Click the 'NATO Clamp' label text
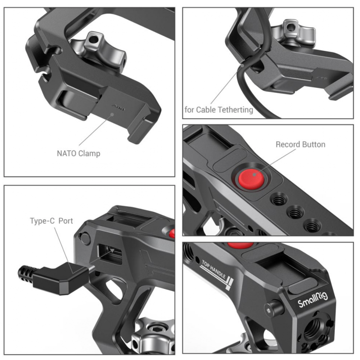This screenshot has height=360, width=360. (78, 153)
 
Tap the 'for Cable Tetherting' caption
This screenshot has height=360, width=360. (219, 110)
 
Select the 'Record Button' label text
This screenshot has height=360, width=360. (300, 144)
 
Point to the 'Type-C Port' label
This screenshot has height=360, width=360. (51, 221)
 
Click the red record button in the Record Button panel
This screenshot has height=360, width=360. (251, 179)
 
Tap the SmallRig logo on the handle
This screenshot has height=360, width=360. (313, 300)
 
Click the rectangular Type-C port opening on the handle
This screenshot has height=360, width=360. (110, 254)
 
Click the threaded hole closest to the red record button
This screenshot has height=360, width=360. (279, 199)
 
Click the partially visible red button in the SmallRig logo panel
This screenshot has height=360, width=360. (240, 245)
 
